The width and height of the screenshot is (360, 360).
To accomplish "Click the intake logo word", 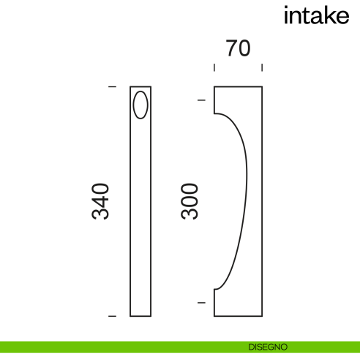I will (x=315, y=16).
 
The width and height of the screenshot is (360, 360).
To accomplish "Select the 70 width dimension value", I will (x=239, y=48).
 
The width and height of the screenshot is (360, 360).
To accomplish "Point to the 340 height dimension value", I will (x=100, y=201).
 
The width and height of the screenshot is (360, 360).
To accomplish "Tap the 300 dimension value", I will (x=190, y=201).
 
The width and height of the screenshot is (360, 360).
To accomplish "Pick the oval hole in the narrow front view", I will (x=140, y=105).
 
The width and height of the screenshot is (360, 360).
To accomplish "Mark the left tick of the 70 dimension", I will (x=214, y=68).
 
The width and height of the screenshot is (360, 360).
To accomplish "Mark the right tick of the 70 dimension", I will (x=262, y=68).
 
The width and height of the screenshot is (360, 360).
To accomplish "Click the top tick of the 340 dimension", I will (x=112, y=87).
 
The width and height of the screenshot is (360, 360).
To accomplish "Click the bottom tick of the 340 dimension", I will (x=112, y=316).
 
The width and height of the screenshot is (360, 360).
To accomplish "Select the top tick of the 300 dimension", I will (x=201, y=100).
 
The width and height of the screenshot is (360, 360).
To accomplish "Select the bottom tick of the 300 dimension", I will (x=201, y=301).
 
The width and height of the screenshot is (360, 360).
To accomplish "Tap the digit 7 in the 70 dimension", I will (x=231, y=48).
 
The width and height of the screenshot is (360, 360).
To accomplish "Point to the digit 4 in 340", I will (x=100, y=201).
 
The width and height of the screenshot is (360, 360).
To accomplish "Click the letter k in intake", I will (x=327, y=15).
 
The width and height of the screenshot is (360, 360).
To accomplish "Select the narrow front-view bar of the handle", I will (x=140, y=220).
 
